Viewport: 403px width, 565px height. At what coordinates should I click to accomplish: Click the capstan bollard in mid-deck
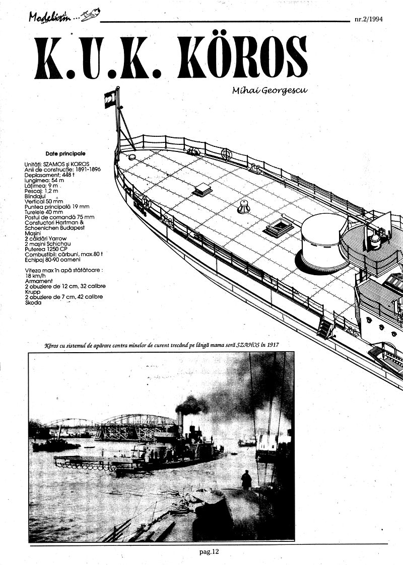point(244,206)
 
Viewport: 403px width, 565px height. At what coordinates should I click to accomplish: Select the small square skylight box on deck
point(203,189)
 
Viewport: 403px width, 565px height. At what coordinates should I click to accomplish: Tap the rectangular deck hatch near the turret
point(280,227)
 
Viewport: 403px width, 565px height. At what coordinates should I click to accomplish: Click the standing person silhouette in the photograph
point(246,479)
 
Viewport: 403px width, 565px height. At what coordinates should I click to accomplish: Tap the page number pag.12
point(210,551)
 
